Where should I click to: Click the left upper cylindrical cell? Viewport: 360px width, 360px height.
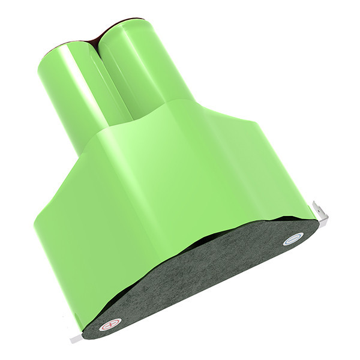tap(66, 90)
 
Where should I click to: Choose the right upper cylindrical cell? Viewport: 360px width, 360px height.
tap(138, 72)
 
